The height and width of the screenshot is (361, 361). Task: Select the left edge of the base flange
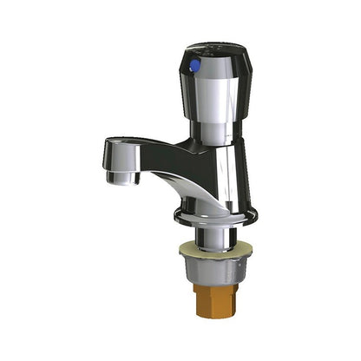pyautogui.click(x=176, y=212)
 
